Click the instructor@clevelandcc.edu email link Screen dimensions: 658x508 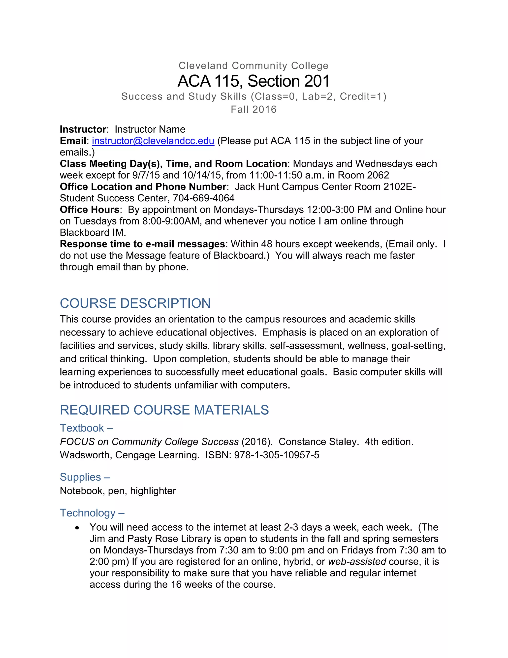pos(153,141)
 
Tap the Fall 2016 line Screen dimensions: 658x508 pos(254,109)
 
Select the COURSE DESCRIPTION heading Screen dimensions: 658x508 pos(135,303)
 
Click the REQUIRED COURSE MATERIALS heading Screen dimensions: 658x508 pos(164,410)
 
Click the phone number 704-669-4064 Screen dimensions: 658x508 pos(204,198)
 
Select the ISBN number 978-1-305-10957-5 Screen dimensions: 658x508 pos(277,455)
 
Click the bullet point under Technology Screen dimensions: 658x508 pos(78,528)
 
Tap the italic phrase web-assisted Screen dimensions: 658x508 pos(357,562)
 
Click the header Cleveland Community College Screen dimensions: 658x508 pos(254,66)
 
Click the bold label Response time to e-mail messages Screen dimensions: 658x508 pos(142,244)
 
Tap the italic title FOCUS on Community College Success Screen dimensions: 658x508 pos(149,442)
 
